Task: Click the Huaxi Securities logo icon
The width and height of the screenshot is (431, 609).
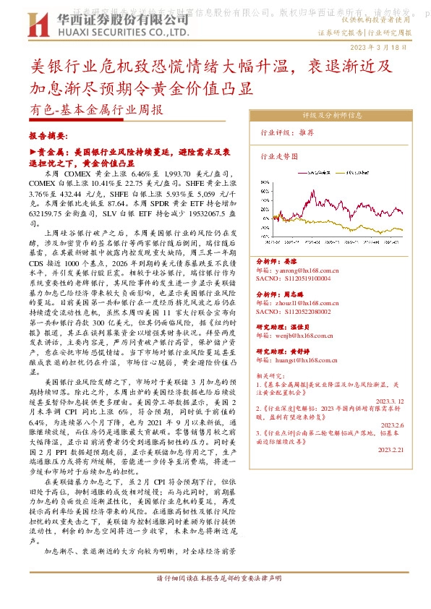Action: (36, 25)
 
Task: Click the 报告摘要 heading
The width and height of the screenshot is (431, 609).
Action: (47, 135)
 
